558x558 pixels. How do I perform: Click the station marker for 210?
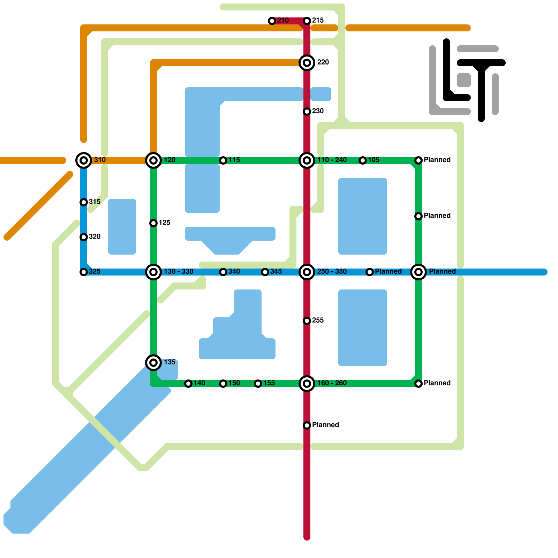(272, 21)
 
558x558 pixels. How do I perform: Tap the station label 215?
(318, 21)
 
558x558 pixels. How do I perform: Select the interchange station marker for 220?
(307, 63)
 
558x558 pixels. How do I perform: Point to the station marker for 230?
(307, 112)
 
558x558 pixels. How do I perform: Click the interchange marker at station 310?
(84, 160)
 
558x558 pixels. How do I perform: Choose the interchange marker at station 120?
(153, 160)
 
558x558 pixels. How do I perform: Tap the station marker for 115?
(223, 160)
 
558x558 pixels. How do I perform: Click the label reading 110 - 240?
(332, 160)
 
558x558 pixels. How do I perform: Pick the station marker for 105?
(363, 160)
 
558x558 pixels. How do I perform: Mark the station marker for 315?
(84, 202)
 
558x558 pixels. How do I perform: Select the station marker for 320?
(84, 237)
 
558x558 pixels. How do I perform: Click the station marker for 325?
(84, 272)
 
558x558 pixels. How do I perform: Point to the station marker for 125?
(153, 223)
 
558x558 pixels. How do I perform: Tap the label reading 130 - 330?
(179, 272)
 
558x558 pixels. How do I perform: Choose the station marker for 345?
(265, 272)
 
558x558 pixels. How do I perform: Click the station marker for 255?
(307, 321)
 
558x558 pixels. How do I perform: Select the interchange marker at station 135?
(153, 363)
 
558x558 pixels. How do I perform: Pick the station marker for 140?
(188, 384)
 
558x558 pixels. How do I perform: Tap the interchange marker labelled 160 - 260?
(307, 384)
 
